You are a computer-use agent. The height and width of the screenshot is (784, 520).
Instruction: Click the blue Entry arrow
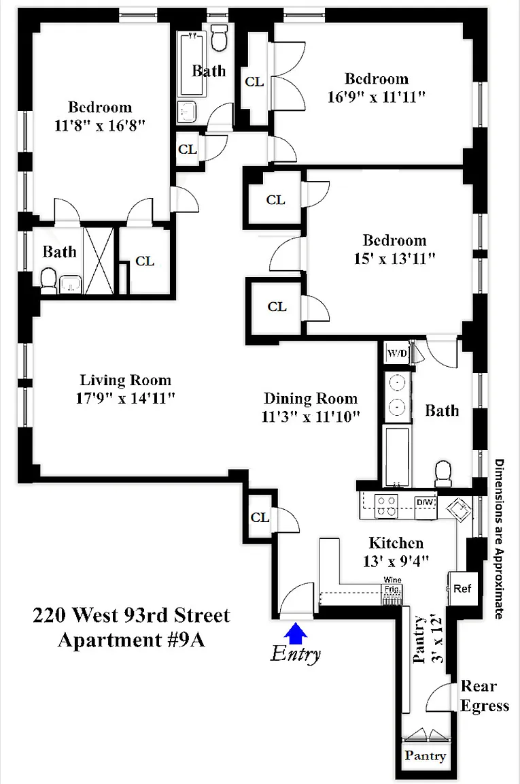coord(296,632)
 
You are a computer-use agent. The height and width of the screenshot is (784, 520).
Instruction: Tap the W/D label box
coord(398,354)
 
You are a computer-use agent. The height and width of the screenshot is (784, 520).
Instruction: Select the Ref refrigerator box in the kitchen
coord(462,589)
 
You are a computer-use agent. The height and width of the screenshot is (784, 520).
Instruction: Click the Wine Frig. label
coord(393,585)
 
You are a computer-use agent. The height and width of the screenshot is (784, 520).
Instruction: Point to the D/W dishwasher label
coord(426,502)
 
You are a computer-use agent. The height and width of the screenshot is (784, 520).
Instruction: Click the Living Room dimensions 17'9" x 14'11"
coord(125,399)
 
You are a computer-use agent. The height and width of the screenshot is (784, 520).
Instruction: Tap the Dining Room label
coord(311,399)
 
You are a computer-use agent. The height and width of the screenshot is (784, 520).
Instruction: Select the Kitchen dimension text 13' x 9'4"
coord(396,561)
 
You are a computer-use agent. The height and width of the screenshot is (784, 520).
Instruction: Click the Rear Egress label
coord(485,696)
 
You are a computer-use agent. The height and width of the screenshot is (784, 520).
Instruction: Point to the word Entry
coord(296,654)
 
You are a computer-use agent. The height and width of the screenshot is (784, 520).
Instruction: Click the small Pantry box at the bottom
coord(425,755)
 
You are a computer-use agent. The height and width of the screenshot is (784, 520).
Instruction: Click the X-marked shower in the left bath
coord(99,261)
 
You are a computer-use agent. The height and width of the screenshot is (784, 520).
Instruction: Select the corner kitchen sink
coord(460,510)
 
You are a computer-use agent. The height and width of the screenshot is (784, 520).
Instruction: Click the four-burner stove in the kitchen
coord(386,506)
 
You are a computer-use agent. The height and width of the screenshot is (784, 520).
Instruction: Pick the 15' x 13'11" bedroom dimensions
coord(395,259)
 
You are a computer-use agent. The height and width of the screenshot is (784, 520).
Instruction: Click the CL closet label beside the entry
coord(260,517)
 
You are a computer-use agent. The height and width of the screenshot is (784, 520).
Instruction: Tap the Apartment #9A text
coord(131,640)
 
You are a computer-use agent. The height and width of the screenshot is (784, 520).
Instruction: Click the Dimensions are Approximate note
coord(499,539)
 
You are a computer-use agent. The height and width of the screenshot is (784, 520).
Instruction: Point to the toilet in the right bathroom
coord(443,473)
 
